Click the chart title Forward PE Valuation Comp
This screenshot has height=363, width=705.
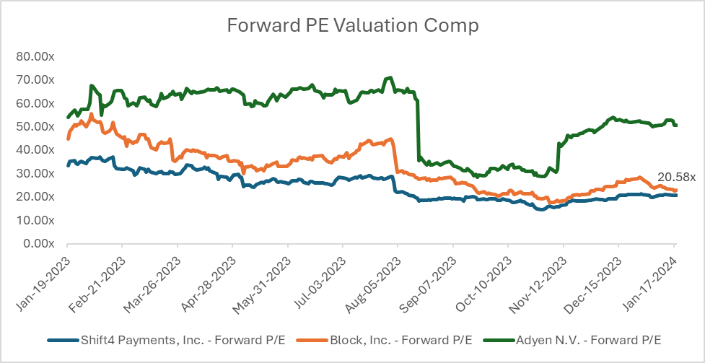point(352,25)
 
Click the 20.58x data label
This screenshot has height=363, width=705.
point(675,178)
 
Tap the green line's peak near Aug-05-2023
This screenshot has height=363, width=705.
point(390,77)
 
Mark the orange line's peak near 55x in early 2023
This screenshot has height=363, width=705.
point(91,114)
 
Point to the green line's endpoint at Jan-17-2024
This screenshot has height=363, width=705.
point(676,125)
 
